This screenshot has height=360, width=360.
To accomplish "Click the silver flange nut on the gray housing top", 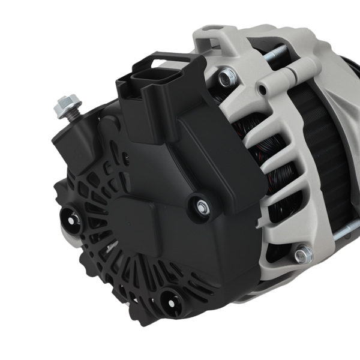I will (227, 76).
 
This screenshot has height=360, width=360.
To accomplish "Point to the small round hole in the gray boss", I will (262, 91).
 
